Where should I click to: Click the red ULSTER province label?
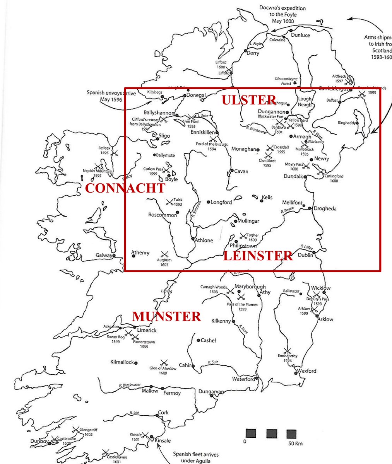coord(249,100)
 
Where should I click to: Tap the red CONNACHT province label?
coord(125,188)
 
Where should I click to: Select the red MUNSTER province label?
coord(166,316)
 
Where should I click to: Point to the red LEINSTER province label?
coord(258,256)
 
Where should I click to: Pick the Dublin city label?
coord(305,255)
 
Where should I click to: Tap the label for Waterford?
coord(243,379)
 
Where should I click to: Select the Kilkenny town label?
coord(221,321)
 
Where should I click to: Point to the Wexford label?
coord(307,371)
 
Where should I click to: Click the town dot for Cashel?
coord(198,341)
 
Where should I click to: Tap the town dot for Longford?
coord(208,202)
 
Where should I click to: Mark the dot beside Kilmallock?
coord(136,362)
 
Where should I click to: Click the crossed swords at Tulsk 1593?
coord(169,201)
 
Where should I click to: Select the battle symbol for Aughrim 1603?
coord(164,254)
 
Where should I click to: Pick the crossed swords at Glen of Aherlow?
coord(164,362)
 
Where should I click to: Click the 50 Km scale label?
coord(296,443)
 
